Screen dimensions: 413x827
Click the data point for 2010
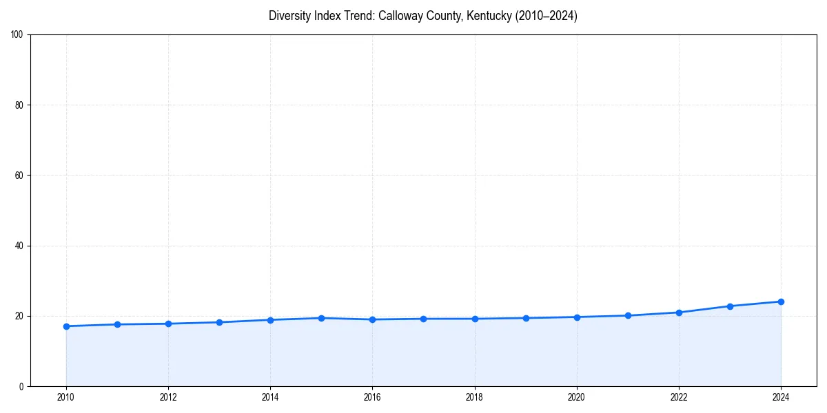66,326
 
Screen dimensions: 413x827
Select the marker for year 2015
321,318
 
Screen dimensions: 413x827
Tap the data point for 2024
781,301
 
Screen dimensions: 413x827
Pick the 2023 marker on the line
730,306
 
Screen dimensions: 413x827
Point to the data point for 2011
117,324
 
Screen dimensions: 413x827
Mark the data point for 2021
628,316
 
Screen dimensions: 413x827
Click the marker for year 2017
423,319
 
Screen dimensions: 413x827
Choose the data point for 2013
219,322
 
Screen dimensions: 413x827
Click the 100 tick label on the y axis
17,35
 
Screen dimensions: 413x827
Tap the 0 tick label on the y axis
21,386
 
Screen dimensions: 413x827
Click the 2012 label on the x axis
168,397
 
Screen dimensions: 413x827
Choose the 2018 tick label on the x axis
474,397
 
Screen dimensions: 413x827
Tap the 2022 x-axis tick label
679,397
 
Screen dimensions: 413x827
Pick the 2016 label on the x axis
372,397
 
